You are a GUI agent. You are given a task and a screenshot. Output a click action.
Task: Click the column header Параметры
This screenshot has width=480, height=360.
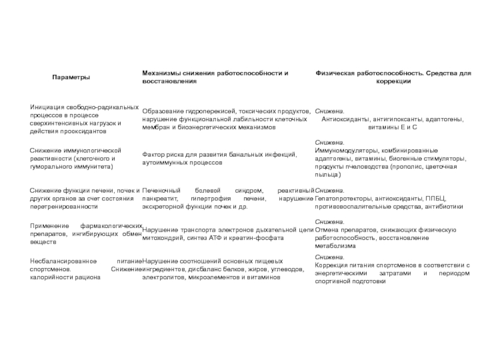click(x=71, y=77)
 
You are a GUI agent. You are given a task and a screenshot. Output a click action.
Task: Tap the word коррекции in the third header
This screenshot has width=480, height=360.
click(x=394, y=81)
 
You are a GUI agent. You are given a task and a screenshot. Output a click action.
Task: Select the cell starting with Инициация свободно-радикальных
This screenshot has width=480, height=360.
click(x=84, y=119)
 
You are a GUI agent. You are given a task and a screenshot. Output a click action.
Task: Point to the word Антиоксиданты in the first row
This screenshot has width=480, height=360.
click(x=346, y=119)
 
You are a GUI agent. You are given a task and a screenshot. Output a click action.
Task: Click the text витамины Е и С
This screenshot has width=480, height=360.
click(x=392, y=128)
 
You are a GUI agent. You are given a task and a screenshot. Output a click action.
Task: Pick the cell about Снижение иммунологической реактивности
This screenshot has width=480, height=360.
click(x=76, y=158)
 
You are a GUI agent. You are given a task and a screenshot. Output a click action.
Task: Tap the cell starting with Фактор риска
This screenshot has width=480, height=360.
click(x=219, y=158)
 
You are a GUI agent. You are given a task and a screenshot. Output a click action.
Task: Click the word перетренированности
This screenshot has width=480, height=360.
click(x=64, y=206)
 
